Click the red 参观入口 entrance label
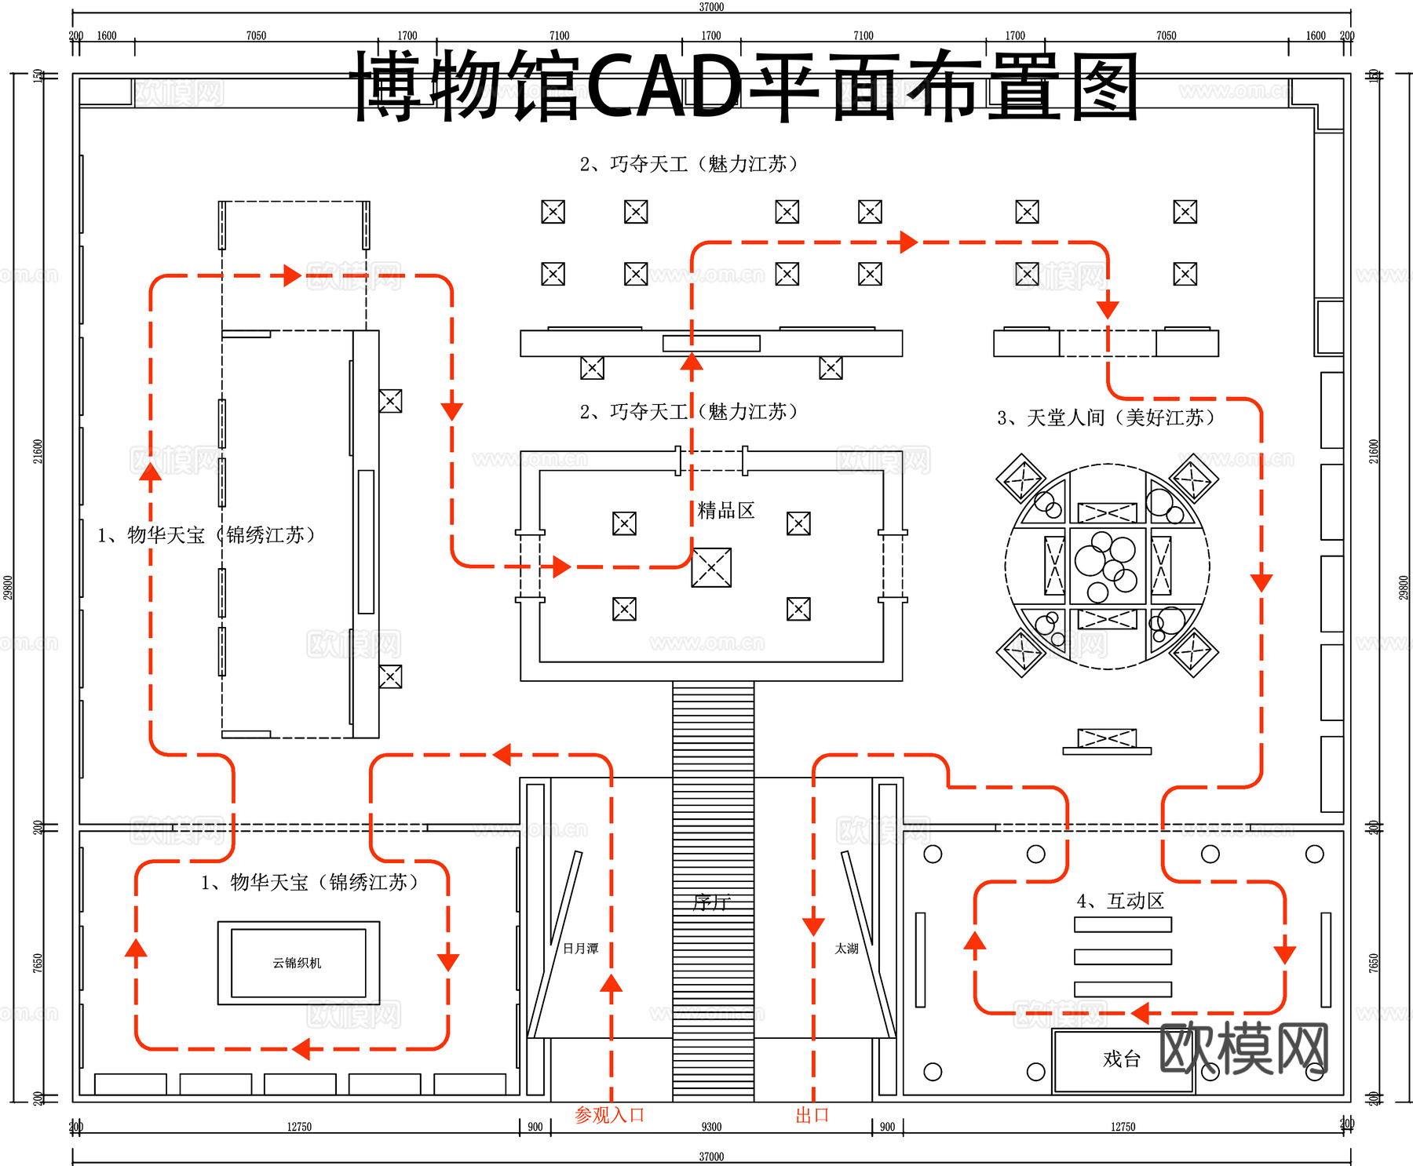[x=609, y=1115]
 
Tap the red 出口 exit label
[x=812, y=1115]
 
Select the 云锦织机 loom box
[x=298, y=963]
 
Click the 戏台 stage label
[x=1121, y=1059]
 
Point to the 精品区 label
[x=726, y=511]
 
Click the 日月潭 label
[x=581, y=949]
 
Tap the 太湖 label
[x=846, y=949]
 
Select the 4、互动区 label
[x=1120, y=901]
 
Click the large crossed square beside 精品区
[x=711, y=567]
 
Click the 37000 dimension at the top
[x=711, y=7]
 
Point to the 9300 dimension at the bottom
[x=711, y=1127]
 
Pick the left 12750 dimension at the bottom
[x=299, y=1127]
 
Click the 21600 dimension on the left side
[x=38, y=451]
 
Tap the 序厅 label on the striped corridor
[x=711, y=902]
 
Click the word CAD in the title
[x=663, y=85]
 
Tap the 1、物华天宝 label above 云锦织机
[x=309, y=883]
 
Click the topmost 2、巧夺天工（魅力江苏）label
[x=688, y=164]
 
